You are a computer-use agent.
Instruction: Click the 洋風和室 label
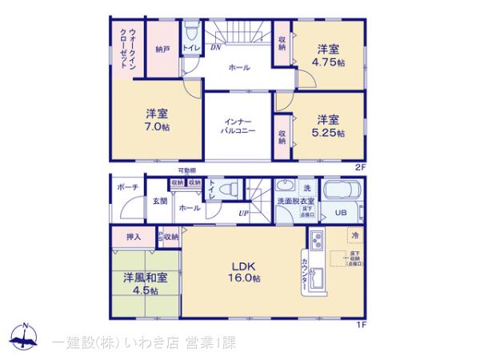pos(146,278)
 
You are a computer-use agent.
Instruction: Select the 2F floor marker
pos(360,166)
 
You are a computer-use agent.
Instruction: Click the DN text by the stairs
pos(215,47)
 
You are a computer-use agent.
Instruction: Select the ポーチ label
pos(126,186)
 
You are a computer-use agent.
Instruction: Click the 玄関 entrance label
pos(160,202)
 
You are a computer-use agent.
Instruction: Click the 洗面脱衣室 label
pos(295,201)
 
